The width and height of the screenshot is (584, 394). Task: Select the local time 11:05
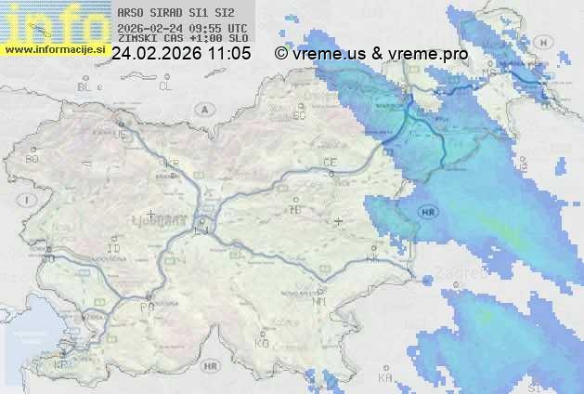(x=230, y=54)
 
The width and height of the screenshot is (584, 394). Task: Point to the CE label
(x=329, y=163)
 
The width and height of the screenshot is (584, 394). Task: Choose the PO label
(x=146, y=307)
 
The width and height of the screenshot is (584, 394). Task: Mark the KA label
(x=385, y=378)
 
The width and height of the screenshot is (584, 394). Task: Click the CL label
(x=165, y=86)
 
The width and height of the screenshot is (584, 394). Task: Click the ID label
(x=114, y=249)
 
